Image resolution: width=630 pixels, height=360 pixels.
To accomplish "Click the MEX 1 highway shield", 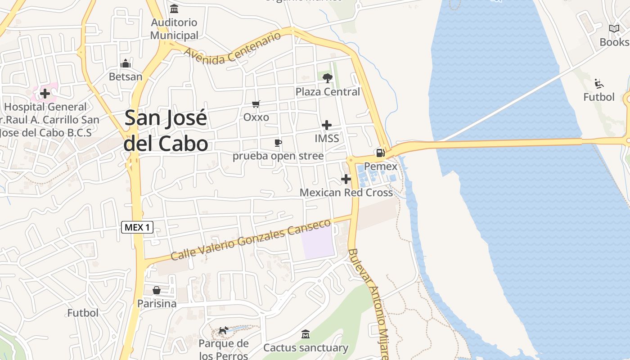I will pos(137,227).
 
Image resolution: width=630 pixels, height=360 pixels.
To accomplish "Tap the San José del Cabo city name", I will pos(166,130).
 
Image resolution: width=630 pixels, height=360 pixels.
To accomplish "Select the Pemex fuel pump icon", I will pos(380,153).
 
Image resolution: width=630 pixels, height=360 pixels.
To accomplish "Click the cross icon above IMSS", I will pos(327,125).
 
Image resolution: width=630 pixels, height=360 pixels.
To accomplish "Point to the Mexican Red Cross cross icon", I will pos(346,179).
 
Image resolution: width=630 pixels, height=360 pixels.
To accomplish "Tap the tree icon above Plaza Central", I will pos(327,78).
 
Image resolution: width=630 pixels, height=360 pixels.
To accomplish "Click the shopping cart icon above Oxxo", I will pos(256,104).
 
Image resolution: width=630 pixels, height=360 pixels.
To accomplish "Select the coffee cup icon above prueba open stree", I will pos(278,143).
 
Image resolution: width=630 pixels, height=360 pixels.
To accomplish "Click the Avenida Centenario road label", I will pos(232,49).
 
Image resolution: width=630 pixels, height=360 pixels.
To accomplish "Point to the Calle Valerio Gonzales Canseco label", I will pos(251,240).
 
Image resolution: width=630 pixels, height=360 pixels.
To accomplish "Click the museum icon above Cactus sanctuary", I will pos(306,334).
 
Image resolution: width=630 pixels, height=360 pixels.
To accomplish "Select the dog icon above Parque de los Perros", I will pos(223,331).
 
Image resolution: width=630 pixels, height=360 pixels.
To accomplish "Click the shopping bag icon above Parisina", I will pos(157,290).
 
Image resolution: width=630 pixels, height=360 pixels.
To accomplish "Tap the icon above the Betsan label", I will pos(126,63).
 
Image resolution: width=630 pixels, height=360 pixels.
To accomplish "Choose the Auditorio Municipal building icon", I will pos(174,9).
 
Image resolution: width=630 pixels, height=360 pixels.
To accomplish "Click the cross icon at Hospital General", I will pos(45,94).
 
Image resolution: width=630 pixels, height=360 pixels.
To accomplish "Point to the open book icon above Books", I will pos(614,29).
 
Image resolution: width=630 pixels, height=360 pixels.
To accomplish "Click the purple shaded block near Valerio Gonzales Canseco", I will pos(318,243).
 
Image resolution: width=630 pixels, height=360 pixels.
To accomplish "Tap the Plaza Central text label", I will pos(328,92).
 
